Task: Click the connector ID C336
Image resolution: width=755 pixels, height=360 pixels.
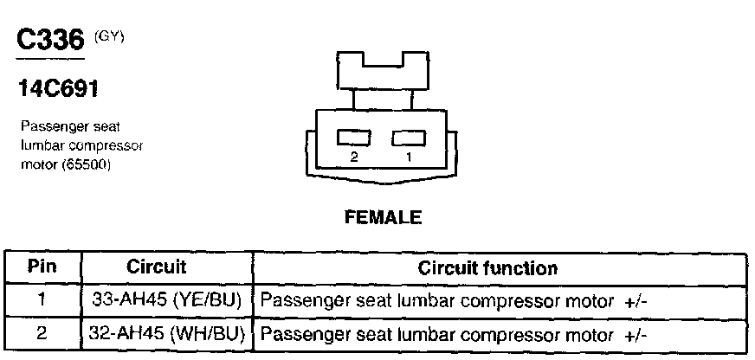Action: click(50, 41)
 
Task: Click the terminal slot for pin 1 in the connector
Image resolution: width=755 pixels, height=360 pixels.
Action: click(410, 138)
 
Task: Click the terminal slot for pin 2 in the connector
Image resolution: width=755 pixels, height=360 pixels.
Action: click(355, 138)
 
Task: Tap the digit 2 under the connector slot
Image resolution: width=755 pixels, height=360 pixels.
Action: click(354, 158)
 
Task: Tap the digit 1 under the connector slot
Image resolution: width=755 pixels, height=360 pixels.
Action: click(410, 158)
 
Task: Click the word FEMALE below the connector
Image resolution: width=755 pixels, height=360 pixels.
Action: click(383, 218)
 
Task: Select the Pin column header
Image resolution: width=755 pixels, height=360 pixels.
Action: click(42, 267)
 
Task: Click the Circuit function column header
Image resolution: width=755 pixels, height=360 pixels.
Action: click(487, 267)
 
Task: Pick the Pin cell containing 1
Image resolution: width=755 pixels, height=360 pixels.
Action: click(42, 300)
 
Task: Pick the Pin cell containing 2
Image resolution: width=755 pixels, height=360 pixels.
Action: click(42, 333)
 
